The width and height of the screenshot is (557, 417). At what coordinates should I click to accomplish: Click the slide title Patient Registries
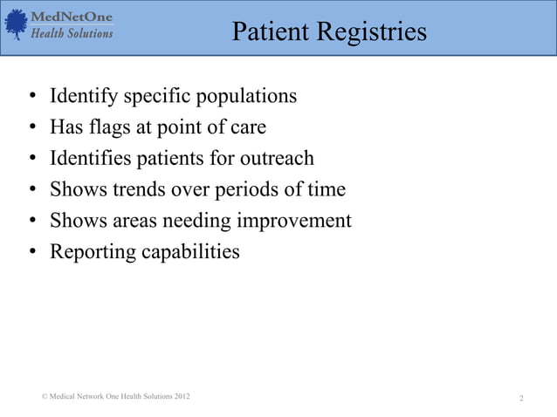(329, 32)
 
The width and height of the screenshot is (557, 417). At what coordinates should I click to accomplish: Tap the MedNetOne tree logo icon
(17, 24)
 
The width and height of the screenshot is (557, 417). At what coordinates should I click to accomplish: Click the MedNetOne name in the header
(72, 17)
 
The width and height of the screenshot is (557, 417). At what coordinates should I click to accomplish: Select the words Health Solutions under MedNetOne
(72, 33)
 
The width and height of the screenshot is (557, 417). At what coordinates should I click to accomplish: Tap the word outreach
(275, 159)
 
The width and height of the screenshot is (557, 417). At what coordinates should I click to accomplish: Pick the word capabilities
(189, 252)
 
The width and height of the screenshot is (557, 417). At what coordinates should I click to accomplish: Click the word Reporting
(90, 252)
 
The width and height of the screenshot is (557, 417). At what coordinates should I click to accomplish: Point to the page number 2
(521, 399)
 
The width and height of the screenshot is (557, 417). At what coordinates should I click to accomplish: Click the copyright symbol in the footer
(44, 398)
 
